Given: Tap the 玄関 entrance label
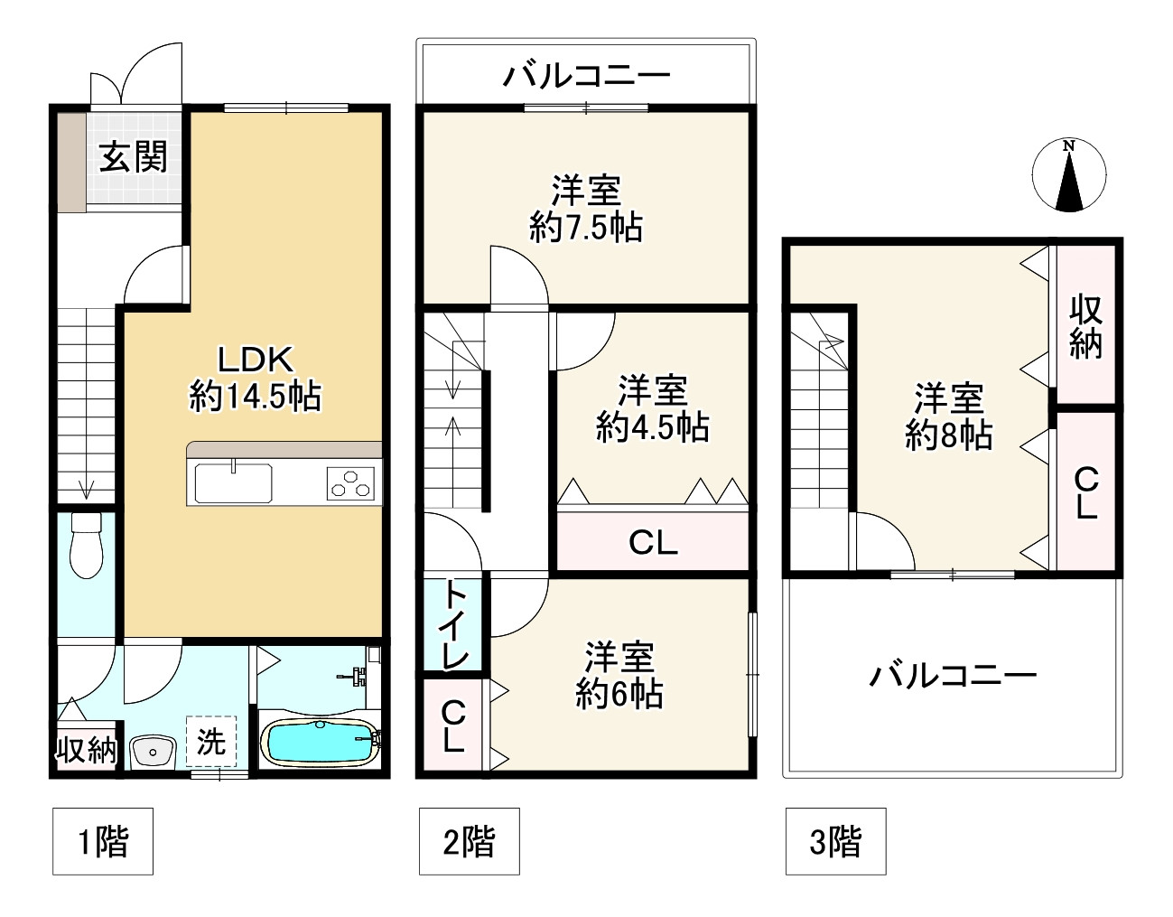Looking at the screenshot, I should pos(134,157).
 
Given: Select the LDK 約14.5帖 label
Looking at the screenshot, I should pos(256,379).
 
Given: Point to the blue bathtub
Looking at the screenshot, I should pos(320,744).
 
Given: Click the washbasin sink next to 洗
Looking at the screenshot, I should pos(154,750).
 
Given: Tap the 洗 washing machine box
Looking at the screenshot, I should pos(211,743).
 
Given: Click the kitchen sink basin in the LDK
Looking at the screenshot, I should pos(233,482).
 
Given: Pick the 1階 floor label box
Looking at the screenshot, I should pos(101,842).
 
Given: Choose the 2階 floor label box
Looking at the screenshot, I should pos(469,842).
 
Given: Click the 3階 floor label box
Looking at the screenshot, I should pos(835,842).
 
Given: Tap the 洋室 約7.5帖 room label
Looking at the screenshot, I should pos(586,209).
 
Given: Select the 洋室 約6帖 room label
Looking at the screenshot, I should pos(619,676).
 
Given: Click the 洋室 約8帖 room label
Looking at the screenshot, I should pos(949,416).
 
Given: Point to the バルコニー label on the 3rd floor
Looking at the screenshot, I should pos(953,675).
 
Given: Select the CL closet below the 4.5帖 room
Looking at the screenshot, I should pos(653,543).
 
